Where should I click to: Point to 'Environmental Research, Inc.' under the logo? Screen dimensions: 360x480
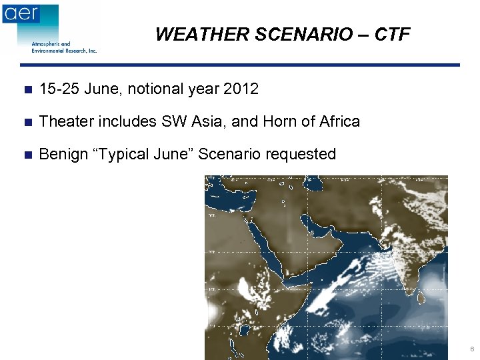tap(64, 51)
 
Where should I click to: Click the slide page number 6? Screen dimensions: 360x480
tap(471, 349)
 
